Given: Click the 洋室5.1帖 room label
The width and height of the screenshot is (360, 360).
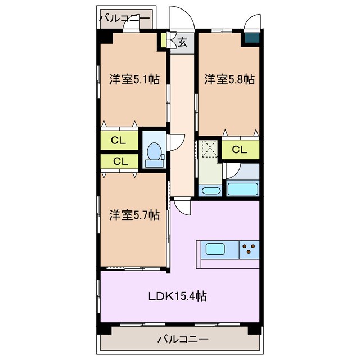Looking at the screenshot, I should [134, 79].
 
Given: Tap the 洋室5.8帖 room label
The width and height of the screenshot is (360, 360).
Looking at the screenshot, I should [229, 79].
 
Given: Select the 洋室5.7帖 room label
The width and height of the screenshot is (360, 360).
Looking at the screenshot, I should [134, 214].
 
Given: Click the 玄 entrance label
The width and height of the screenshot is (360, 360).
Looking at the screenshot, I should [183, 42].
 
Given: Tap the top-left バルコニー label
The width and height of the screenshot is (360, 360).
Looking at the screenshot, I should [124, 19].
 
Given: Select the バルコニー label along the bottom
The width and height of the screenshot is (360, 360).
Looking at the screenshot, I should [183, 340].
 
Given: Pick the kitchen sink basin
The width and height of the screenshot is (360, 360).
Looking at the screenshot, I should [215, 249].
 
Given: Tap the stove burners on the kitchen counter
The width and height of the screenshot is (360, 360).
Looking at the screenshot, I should [249, 249].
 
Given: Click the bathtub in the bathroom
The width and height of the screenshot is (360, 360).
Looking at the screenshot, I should [242, 189].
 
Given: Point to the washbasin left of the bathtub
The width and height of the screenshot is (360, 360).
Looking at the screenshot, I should [210, 190].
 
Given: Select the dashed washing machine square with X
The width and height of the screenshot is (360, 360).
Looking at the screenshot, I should [209, 148].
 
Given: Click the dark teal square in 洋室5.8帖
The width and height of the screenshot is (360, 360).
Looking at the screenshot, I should [251, 39].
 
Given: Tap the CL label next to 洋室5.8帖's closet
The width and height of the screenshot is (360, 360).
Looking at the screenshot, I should [239, 150].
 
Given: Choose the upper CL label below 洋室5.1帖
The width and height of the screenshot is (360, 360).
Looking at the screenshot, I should [118, 140].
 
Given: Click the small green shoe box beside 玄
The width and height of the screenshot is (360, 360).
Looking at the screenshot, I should [163, 41].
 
